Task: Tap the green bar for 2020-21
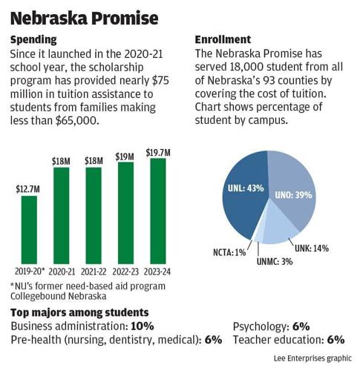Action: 61,214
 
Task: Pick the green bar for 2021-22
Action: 94,214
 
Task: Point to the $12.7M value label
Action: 28,189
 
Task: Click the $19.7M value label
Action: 158,151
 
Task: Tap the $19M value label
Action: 125,157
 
